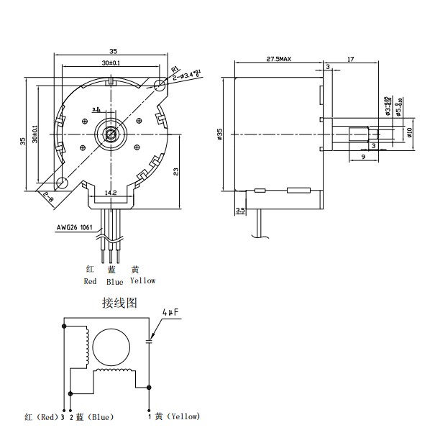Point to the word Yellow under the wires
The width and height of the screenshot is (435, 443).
pos(142,280)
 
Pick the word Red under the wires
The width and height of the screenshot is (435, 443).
pos(90,281)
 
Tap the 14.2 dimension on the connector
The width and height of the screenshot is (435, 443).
pos(111,193)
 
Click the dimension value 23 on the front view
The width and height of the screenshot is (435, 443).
pos(175,172)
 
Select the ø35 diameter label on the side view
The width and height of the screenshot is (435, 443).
pos(220,134)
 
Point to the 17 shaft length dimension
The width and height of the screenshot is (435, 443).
pos(349,58)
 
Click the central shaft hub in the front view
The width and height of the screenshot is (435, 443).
pos(111,134)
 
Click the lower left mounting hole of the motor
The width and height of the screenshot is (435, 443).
pos(63,183)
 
